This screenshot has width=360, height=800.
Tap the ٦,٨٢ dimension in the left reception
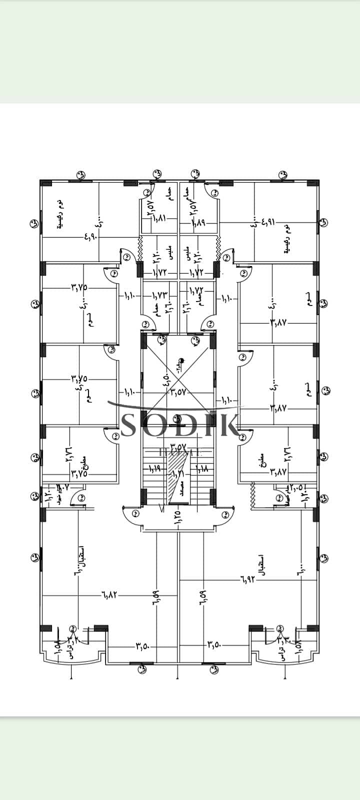pyautogui.click(x=110, y=595)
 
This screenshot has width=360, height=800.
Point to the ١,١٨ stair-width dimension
pyautogui.click(x=202, y=469)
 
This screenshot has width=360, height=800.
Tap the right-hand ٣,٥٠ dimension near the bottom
pyautogui.click(x=213, y=646)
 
